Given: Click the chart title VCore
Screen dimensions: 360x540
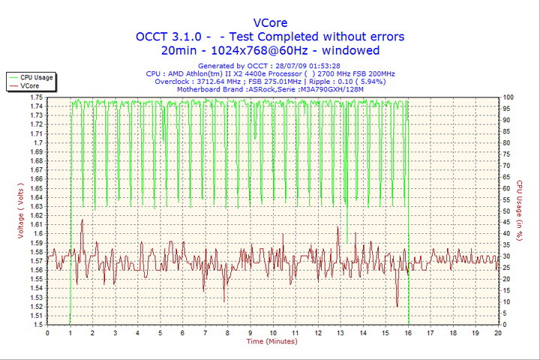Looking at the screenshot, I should tap(270, 22).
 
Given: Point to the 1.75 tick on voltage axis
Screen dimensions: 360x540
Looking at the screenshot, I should tap(35, 97).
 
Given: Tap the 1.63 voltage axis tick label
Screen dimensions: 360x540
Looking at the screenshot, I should tap(35, 206).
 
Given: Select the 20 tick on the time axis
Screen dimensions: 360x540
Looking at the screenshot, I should tap(498, 332).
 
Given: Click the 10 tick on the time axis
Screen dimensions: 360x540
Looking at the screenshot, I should tap(272, 332).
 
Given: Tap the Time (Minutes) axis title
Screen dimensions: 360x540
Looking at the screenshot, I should tap(271, 341).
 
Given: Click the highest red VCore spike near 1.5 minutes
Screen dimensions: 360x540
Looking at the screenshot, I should tap(82, 220).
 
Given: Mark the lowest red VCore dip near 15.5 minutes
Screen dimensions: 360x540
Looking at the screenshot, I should tap(397, 306).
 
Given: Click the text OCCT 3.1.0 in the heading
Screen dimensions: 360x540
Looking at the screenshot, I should tap(166, 37).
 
